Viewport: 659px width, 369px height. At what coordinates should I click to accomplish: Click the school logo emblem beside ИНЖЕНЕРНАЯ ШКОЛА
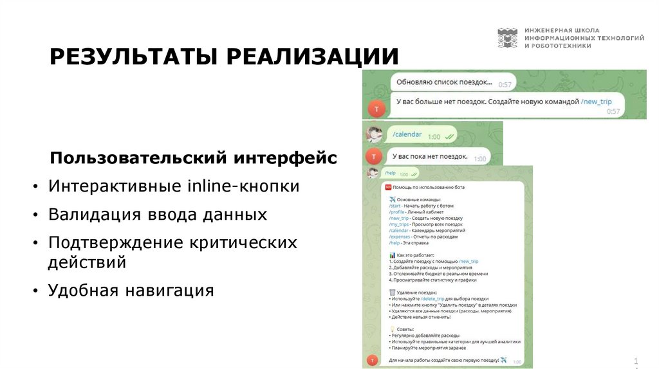pyautogui.click(x=507, y=38)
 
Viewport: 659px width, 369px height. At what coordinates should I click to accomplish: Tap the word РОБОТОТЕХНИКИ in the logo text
pyautogui.click(x=562, y=46)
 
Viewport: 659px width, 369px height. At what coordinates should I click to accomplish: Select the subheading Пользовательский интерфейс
pyautogui.click(x=193, y=157)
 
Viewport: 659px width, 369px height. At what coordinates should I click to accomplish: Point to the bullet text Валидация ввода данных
pyautogui.click(x=158, y=214)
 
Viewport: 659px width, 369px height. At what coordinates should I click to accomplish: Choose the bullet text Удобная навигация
pyautogui.click(x=131, y=290)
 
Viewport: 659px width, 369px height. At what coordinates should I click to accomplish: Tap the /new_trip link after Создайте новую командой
pyautogui.click(x=596, y=102)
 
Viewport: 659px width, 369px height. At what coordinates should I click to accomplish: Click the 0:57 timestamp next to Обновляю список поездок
pyautogui.click(x=505, y=84)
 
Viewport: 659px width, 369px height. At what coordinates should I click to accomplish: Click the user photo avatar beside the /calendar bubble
pyautogui.click(x=374, y=134)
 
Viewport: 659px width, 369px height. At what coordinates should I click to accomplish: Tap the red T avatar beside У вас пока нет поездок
pyautogui.click(x=373, y=156)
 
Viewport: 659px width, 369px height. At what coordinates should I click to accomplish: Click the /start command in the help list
pyautogui.click(x=395, y=206)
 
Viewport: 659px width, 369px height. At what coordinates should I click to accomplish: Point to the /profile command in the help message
pyautogui.click(x=397, y=212)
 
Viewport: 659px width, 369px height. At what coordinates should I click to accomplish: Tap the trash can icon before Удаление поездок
pyautogui.click(x=392, y=292)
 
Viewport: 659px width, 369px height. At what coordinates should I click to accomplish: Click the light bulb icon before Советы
pyautogui.click(x=392, y=328)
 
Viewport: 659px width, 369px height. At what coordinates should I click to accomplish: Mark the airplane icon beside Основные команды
pyautogui.click(x=392, y=199)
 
